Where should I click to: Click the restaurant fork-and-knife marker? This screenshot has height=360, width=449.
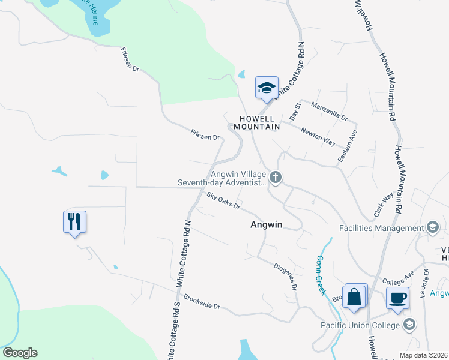pyautogui.click(x=74, y=222)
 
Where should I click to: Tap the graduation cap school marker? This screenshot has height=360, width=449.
pyautogui.click(x=267, y=88)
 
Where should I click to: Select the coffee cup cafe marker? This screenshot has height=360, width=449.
pyautogui.click(x=397, y=298)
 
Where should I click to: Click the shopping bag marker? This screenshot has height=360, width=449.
pyautogui.click(x=354, y=296)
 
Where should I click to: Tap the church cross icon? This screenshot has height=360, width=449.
pyautogui.click(x=276, y=177)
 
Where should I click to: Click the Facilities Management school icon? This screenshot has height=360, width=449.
pyautogui.click(x=432, y=228)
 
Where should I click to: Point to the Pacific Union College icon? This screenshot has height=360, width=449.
pyautogui.click(x=409, y=325)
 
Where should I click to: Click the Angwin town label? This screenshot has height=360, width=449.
pyautogui.click(x=266, y=225)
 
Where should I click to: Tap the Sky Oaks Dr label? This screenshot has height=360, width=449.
pyautogui.click(x=223, y=201)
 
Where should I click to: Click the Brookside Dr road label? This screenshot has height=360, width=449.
pyautogui.click(x=202, y=302)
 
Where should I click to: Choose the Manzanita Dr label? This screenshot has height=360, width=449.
pyautogui.click(x=330, y=111)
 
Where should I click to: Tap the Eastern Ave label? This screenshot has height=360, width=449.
pyautogui.click(x=347, y=146)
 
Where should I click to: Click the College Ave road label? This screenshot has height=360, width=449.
pyautogui.click(x=398, y=277)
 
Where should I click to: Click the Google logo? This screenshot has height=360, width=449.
pyautogui.click(x=20, y=353)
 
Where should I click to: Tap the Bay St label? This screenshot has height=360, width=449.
pyautogui.click(x=294, y=111)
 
